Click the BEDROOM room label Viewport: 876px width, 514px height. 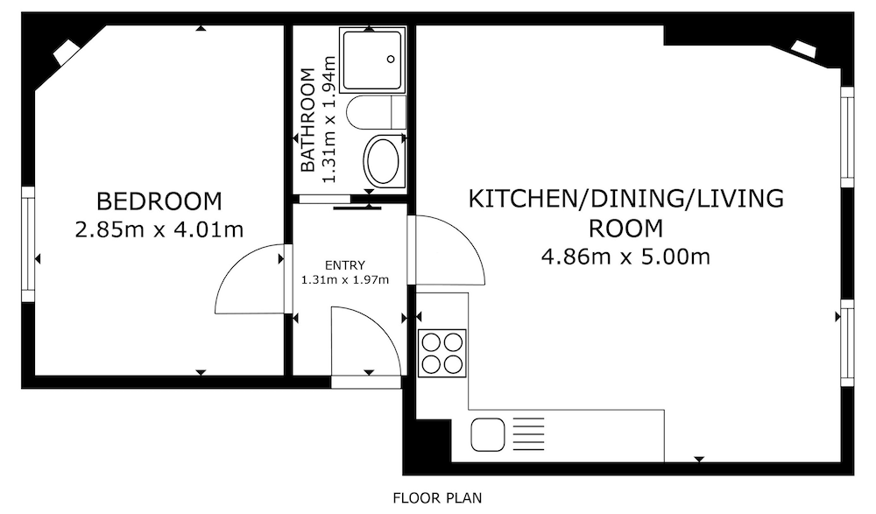point(159,201)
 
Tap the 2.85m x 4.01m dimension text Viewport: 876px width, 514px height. point(159,229)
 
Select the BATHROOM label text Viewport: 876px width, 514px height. point(307,120)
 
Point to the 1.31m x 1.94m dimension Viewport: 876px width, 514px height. point(328,120)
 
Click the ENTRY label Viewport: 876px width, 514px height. point(344,264)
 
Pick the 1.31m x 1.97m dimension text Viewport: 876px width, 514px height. point(344,279)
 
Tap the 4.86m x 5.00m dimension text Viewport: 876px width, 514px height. point(625,257)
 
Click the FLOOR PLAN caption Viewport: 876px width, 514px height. point(437,497)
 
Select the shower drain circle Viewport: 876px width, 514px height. point(391,60)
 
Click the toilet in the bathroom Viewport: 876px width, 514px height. point(376,112)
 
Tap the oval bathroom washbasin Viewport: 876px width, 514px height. point(382,161)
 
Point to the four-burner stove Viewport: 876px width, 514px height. point(442,353)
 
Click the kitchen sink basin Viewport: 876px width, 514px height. point(488,435)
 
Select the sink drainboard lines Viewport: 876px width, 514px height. point(528,433)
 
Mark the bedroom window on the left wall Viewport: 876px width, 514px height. point(28,244)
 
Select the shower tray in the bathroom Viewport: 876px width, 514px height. point(372,60)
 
